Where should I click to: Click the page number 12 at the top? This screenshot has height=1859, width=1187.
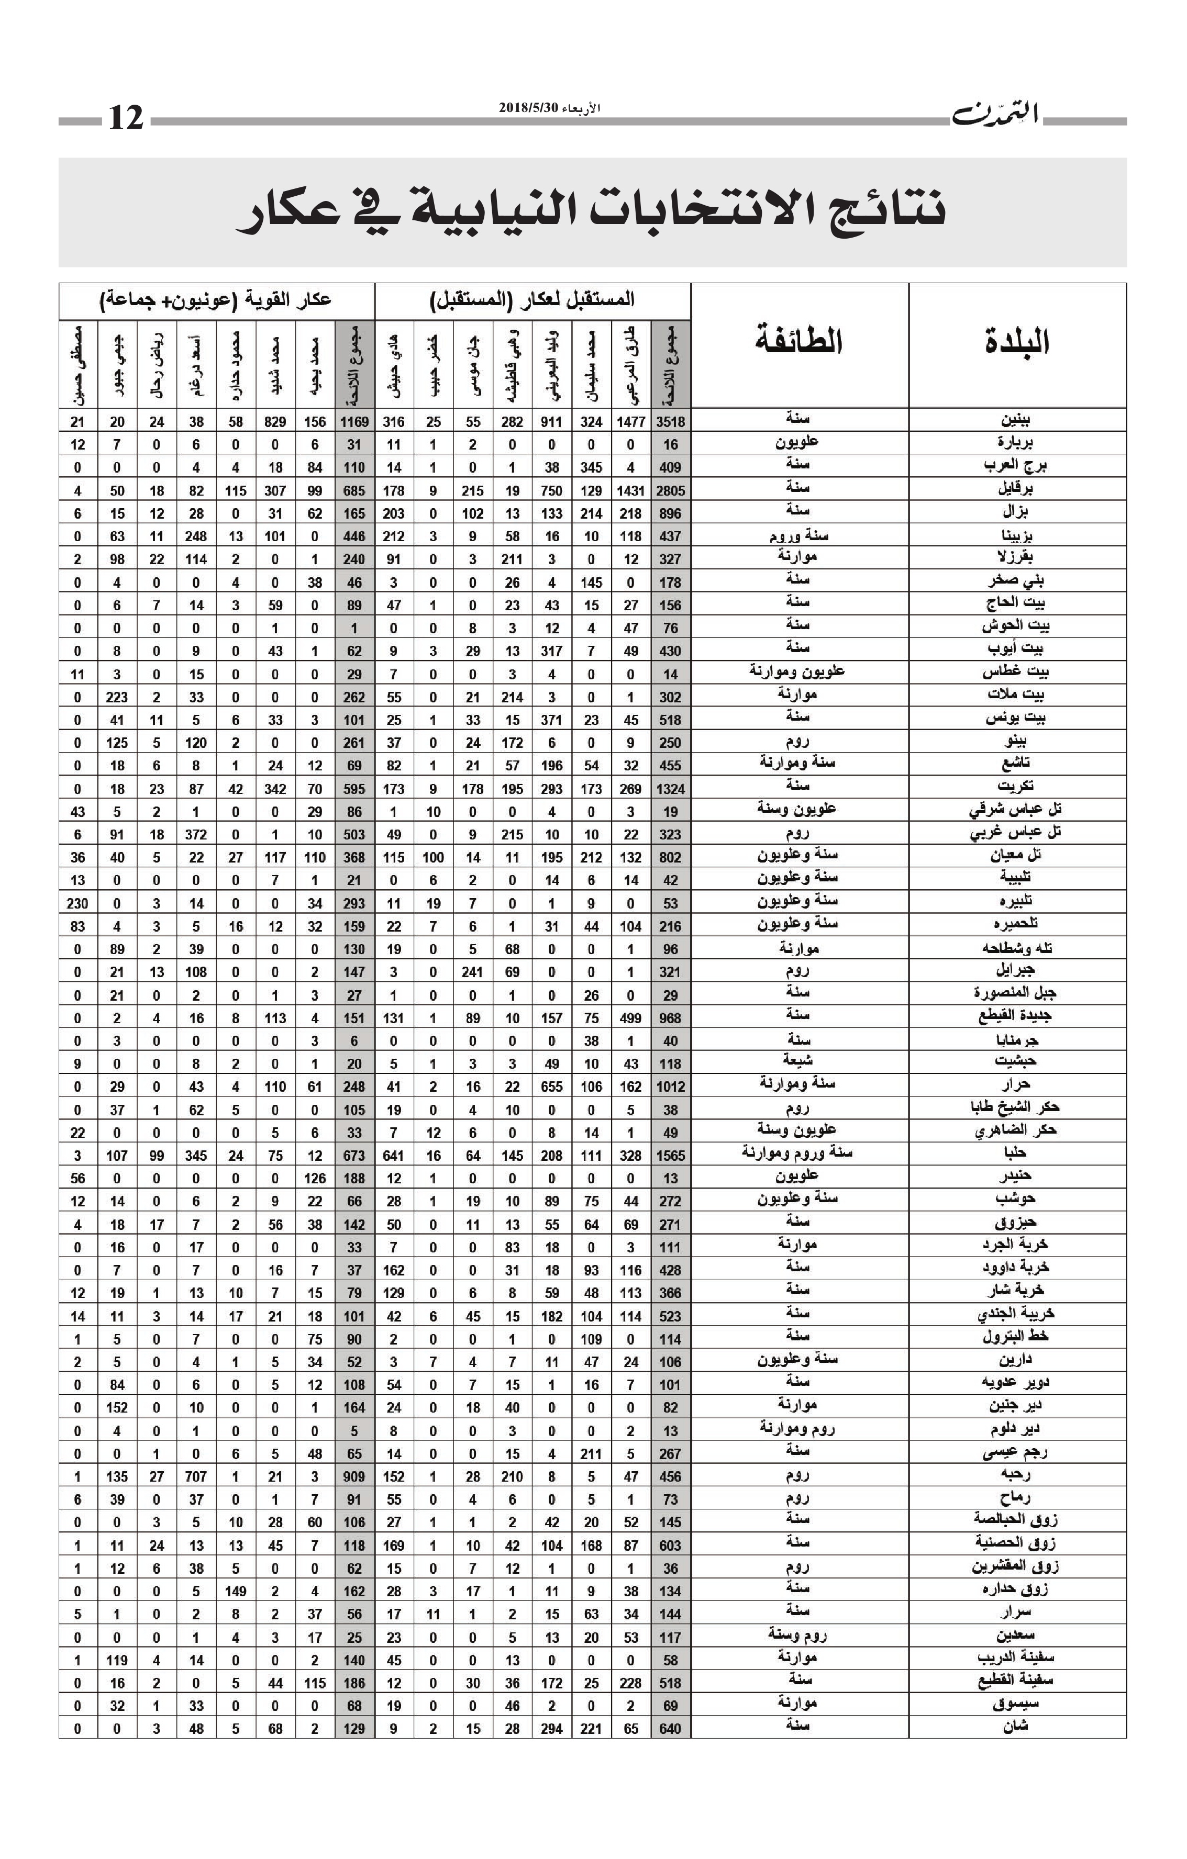click(126, 118)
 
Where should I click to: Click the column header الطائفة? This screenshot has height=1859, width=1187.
click(798, 341)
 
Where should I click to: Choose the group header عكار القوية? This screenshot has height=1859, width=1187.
click(216, 299)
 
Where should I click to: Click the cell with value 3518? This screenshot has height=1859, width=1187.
click(670, 421)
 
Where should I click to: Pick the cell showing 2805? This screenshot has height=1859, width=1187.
click(670, 490)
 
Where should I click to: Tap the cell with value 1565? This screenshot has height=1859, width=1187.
click(670, 1156)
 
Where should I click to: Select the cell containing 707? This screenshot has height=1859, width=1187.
click(196, 1477)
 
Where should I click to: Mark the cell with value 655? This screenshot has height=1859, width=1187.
click(551, 1087)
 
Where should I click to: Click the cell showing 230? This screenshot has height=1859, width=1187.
click(77, 903)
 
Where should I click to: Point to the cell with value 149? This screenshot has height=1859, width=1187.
click(236, 1591)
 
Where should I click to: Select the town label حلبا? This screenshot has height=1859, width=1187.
click(1016, 1154)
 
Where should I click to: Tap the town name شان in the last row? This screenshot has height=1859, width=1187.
click(1016, 1728)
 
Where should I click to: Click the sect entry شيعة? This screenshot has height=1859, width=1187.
click(798, 1061)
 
